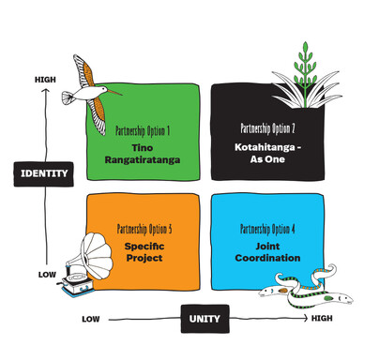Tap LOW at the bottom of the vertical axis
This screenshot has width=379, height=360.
[47, 275]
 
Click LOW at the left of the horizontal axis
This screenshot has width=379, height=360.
[90, 319]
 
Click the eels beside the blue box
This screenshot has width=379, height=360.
[305, 289]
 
